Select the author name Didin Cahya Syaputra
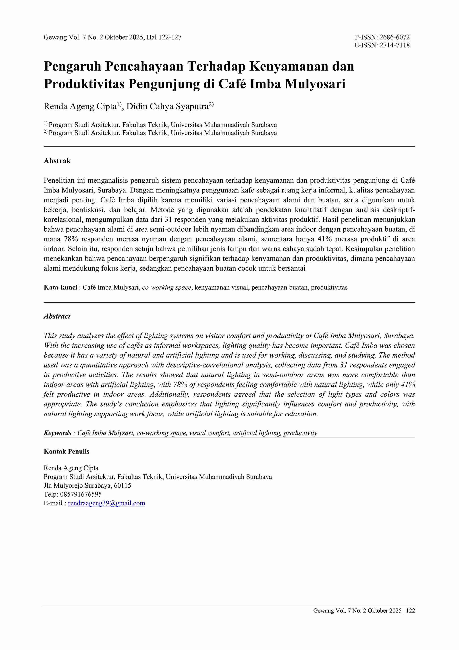[167, 107]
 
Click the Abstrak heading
[57, 161]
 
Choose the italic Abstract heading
[57, 316]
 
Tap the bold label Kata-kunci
[60, 288]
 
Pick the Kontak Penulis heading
[66, 451]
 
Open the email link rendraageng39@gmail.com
[106, 503]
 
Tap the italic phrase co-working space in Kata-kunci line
[166, 288]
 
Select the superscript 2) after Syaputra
[211, 105]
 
